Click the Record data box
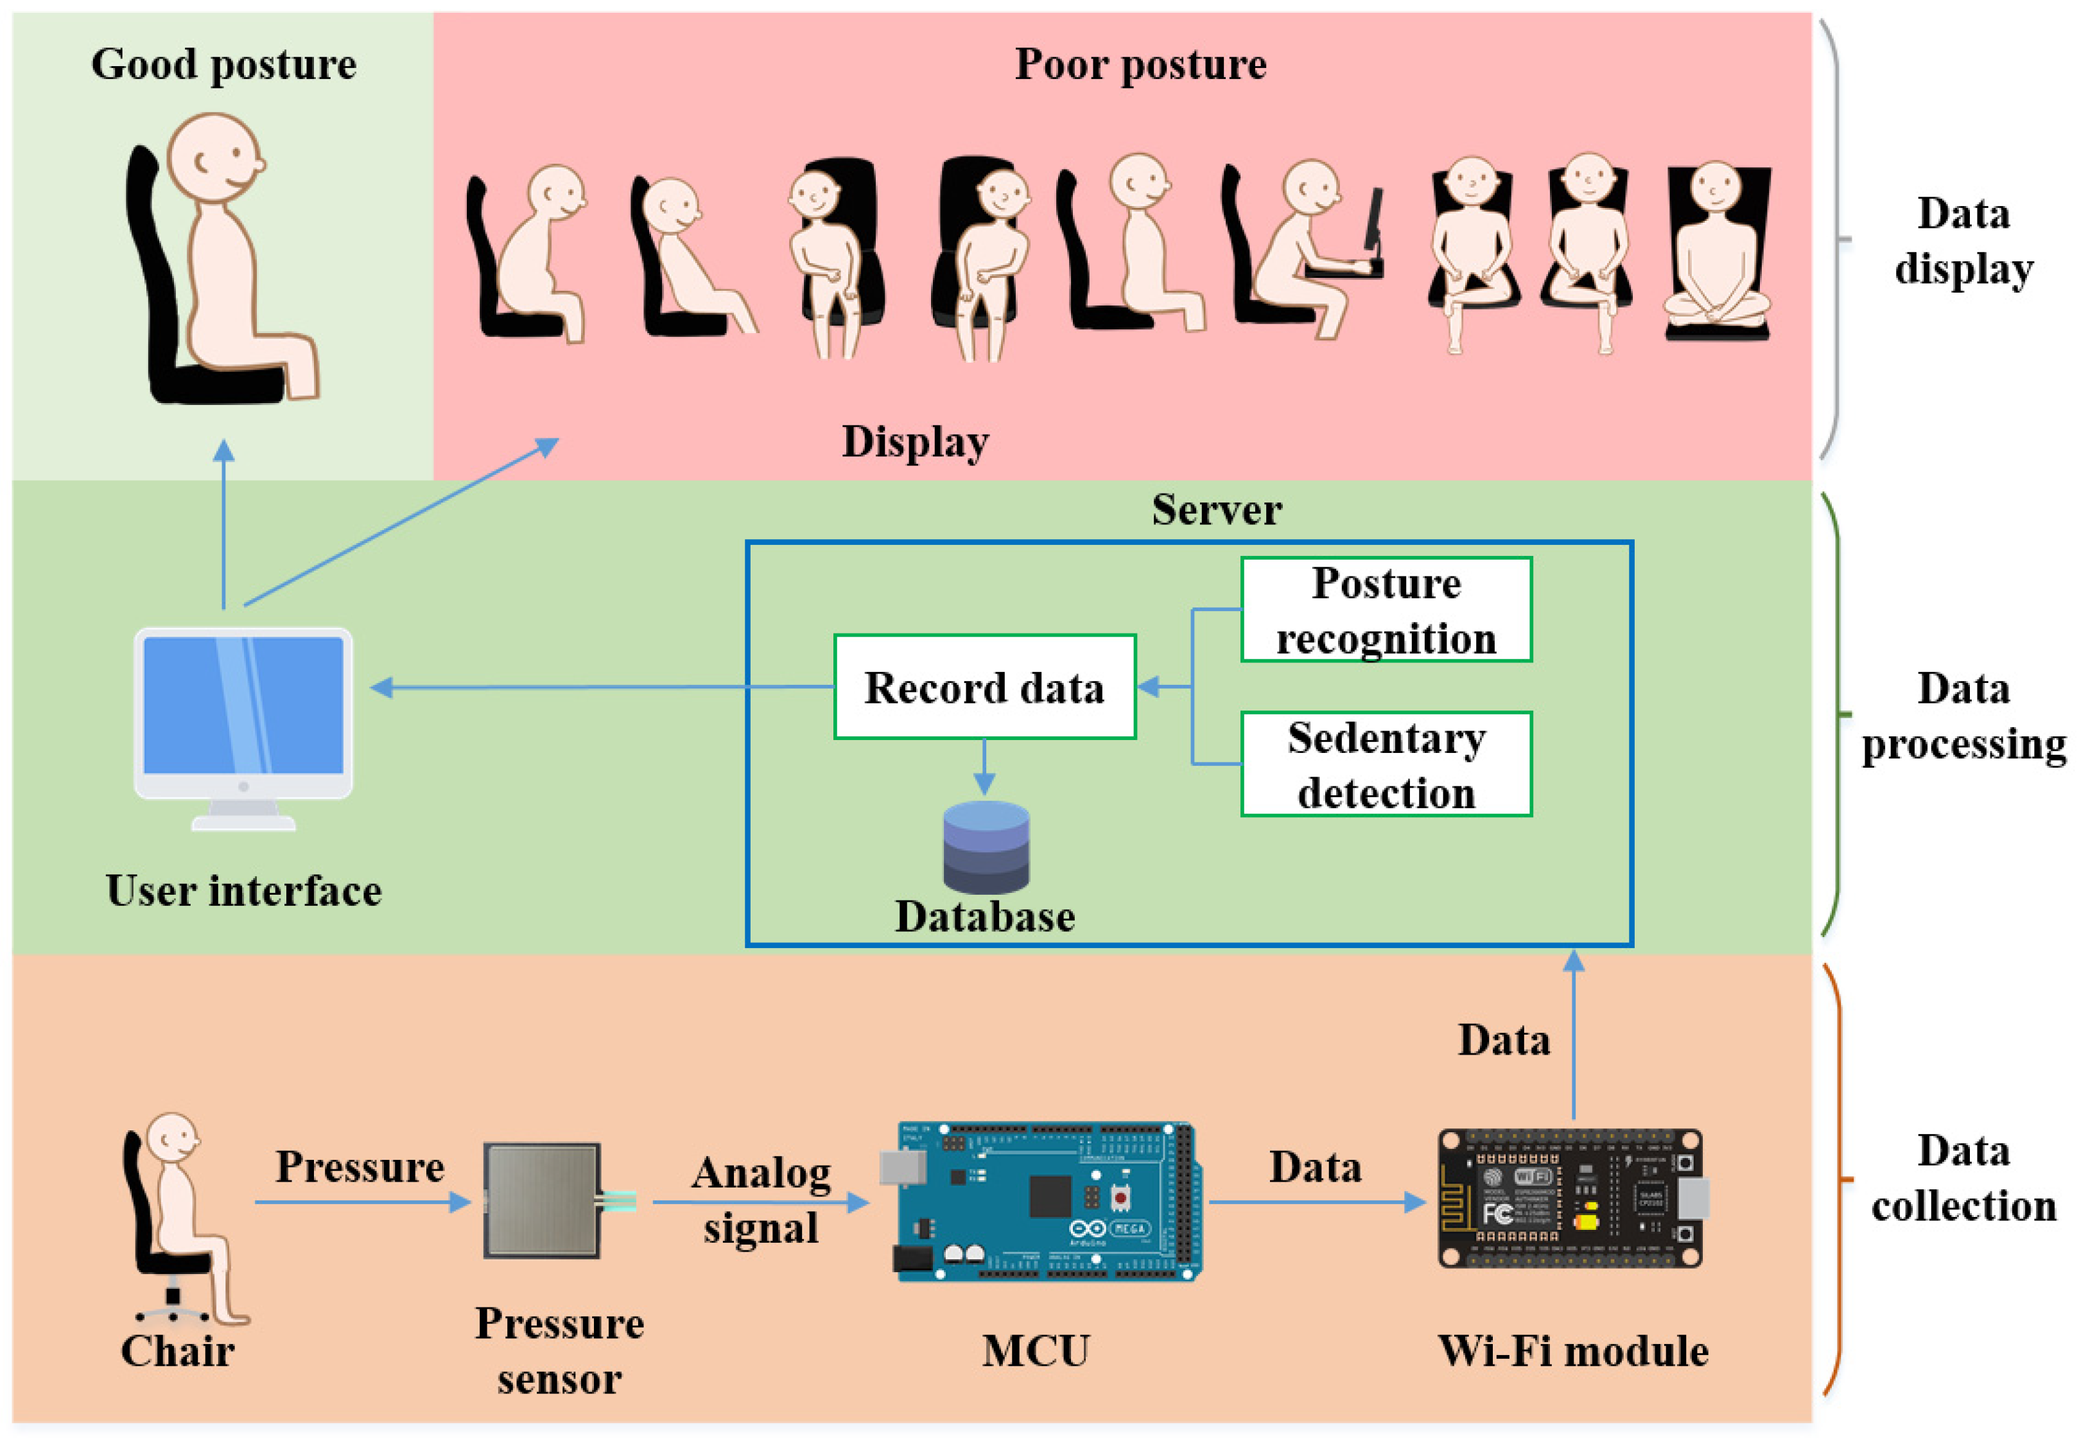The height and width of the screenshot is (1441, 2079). pyautogui.click(x=984, y=687)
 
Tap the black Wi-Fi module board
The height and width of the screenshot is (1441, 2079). pyautogui.click(x=1571, y=1198)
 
